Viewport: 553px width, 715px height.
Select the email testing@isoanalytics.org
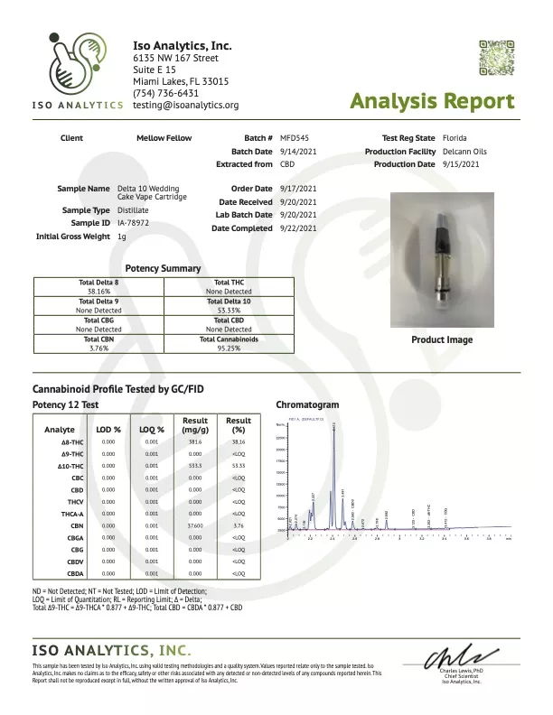point(185,105)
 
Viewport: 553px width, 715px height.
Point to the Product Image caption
point(442,339)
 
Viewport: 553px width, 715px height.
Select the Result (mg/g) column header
point(195,425)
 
